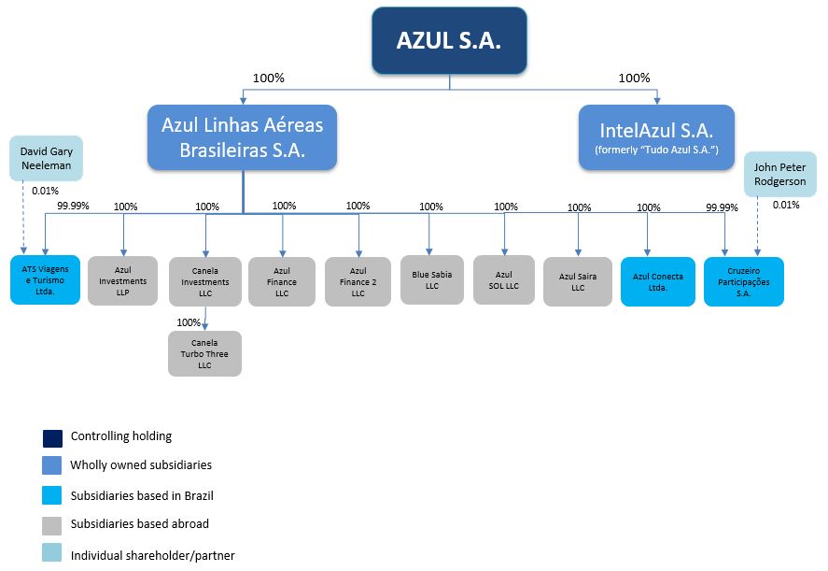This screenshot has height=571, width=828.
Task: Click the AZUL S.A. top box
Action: pyautogui.click(x=449, y=41)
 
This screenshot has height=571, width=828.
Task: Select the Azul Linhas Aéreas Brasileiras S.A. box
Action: pyautogui.click(x=242, y=136)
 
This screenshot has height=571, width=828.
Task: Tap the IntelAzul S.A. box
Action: pyautogui.click(x=657, y=136)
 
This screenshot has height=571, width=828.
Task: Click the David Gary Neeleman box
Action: pyautogui.click(x=46, y=159)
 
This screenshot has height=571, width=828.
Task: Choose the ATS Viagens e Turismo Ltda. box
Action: pyautogui.click(x=46, y=280)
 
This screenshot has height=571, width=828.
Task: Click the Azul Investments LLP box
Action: pyautogui.click(x=123, y=280)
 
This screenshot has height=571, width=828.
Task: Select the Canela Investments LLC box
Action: pyautogui.click(x=205, y=280)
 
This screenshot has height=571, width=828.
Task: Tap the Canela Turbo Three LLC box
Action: pyautogui.click(x=204, y=354)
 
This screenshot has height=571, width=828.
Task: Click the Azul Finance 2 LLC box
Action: pyautogui.click(x=358, y=280)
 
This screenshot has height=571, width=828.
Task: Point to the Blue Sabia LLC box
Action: pyautogui.click(x=431, y=279)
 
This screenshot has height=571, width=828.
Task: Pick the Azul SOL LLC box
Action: pyautogui.click(x=504, y=279)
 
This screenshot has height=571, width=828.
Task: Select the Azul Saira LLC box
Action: pyautogui.click(x=578, y=281)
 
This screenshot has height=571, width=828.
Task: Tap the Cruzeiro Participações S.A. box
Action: pyautogui.click(x=744, y=281)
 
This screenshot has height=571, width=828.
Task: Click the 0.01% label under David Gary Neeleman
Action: pyautogui.click(x=45, y=191)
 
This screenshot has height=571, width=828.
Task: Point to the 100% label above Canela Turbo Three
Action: pyautogui.click(x=189, y=322)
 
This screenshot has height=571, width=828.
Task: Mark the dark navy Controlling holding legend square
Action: pyautogui.click(x=52, y=437)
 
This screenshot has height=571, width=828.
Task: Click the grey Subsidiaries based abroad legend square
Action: pyautogui.click(x=52, y=524)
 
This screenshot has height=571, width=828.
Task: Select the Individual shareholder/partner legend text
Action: pyautogui.click(x=152, y=555)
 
